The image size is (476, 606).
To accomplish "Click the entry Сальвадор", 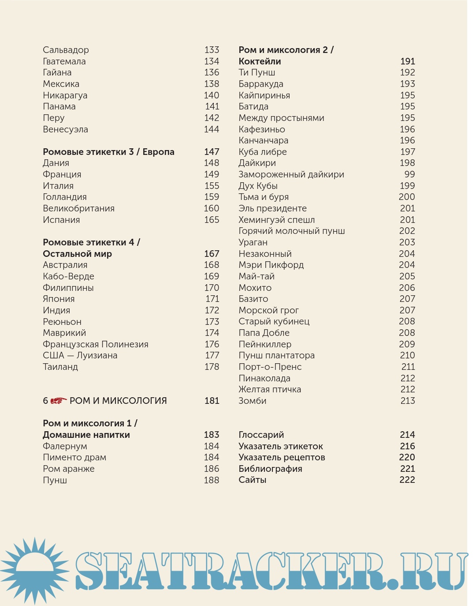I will tap(66, 50).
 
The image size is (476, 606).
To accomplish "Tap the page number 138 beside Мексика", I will tap(212, 84).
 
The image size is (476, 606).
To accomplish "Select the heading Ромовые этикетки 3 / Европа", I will tap(108, 152).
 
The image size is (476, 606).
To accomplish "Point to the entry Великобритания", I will tap(78, 208).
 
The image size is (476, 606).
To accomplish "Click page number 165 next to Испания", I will tap(212, 220).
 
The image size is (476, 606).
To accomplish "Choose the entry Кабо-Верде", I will tap(68, 276).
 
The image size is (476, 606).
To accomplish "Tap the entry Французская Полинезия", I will tap(95, 344).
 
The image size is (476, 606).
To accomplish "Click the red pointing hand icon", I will tap(58, 401).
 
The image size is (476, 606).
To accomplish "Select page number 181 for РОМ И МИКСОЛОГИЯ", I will tap(212, 401).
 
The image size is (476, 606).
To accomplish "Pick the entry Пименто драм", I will tap(74, 457).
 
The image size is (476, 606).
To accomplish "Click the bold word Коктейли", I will tap(260, 61).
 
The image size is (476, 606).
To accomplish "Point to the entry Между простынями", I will tap(281, 118).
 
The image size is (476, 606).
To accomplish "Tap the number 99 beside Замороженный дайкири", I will tap(409, 174).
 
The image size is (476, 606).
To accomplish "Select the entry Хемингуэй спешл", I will tap(276, 220).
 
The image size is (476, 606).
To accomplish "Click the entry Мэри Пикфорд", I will tap(271, 265).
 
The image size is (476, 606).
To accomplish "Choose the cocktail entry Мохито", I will tap(255, 288).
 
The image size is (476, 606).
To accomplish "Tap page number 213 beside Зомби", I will tap(408, 401).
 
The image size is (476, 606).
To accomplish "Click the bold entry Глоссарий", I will tap(261, 435).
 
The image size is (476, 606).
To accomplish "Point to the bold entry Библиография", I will tap(270, 469).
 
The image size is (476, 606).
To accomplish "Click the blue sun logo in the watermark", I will tap(34, 570).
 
